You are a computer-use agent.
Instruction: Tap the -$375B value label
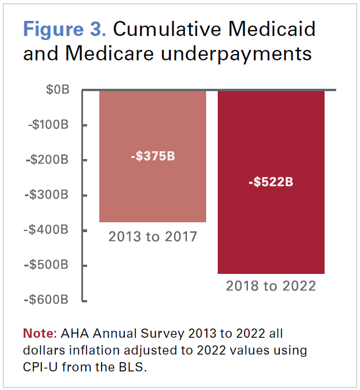[x=152, y=157]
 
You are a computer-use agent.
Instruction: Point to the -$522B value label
[x=271, y=182]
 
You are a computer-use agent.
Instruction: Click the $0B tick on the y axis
[x=57, y=90]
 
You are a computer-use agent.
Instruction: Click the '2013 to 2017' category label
[x=153, y=237]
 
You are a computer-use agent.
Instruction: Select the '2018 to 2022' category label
[x=271, y=286]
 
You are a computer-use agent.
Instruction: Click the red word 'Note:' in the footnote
[x=39, y=334]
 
